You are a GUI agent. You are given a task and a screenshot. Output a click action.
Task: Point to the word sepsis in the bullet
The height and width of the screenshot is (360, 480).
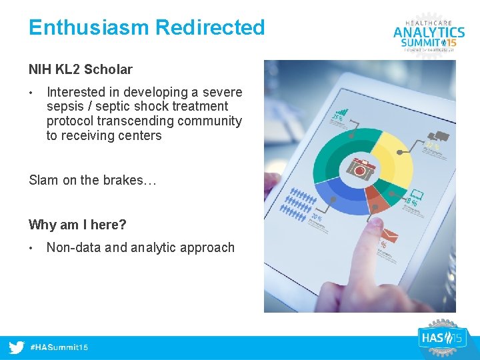tap(65, 107)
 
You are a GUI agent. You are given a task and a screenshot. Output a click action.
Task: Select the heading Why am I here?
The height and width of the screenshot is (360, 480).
tap(77, 225)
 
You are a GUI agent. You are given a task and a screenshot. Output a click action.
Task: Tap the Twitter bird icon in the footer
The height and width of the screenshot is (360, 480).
tap(17, 347)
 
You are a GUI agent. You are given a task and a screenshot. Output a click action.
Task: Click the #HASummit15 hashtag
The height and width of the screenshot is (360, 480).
tap(60, 347)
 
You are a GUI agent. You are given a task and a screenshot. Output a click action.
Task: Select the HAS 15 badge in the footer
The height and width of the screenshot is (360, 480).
tap(441, 338)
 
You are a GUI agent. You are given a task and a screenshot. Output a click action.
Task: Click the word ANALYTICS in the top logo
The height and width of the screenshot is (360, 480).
tap(429, 31)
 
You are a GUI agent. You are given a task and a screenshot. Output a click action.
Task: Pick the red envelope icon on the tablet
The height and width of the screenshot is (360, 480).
tap(391, 235)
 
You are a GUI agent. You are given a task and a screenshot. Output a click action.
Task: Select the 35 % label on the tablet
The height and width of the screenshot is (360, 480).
tap(338, 119)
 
